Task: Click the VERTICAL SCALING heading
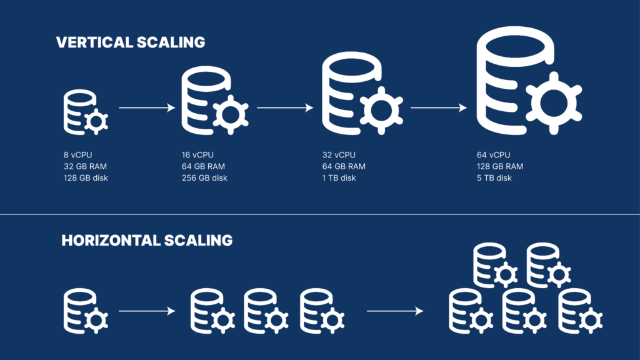(131, 42)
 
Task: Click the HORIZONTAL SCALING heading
(147, 241)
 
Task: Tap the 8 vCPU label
(79, 155)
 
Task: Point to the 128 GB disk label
(89, 178)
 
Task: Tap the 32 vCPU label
(339, 155)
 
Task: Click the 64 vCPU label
(494, 155)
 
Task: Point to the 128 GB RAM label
(500, 166)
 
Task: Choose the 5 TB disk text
(494, 178)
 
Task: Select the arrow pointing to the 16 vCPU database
(147, 108)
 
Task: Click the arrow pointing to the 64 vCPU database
(438, 108)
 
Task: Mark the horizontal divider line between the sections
(320, 215)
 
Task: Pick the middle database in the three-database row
(261, 309)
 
